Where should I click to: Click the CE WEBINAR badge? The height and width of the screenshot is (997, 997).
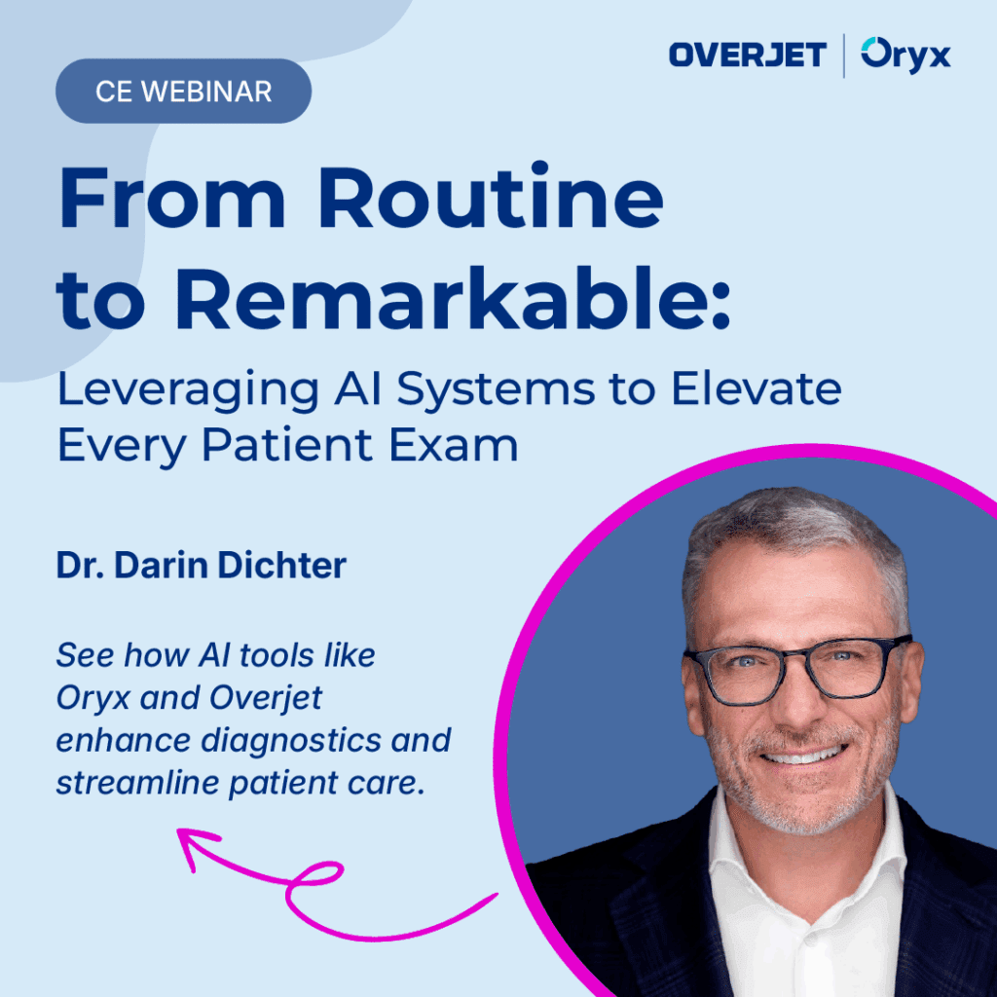(x=183, y=92)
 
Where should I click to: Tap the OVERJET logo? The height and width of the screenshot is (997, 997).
(x=747, y=55)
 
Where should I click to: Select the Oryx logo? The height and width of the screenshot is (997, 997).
(x=906, y=55)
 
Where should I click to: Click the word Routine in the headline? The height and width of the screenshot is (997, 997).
(x=491, y=201)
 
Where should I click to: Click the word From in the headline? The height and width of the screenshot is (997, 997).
(x=172, y=201)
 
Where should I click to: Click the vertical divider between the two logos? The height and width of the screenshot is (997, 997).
(x=843, y=55)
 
